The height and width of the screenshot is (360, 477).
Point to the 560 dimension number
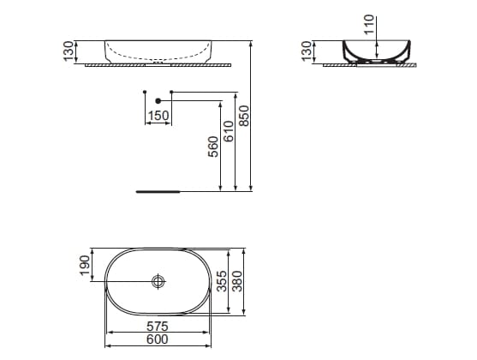213,147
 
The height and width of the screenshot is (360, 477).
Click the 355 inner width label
222,282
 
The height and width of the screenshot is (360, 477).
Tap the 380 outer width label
238,282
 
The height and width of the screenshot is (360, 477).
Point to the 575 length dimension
157,327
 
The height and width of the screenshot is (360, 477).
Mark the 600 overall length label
157,339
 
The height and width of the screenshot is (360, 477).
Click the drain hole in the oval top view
158,281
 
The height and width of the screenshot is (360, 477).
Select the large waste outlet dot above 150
158,100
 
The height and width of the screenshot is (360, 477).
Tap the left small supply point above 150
145,91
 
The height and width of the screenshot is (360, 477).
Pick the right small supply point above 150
172,91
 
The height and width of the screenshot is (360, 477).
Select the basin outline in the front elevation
158,51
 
